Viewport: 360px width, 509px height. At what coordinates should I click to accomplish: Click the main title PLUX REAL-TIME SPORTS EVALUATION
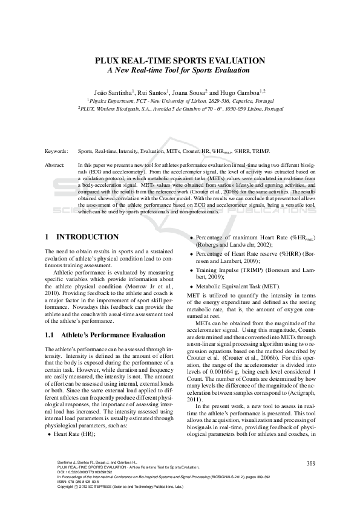180,60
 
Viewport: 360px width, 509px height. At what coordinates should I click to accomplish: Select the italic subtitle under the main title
180,70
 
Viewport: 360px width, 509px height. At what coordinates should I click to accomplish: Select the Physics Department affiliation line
180,99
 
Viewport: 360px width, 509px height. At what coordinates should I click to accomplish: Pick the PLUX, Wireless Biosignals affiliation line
180,109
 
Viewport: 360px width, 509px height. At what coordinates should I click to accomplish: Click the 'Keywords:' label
56,150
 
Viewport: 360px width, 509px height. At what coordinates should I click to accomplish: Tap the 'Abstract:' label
56,164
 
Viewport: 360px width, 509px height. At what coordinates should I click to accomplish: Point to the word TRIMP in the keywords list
261,150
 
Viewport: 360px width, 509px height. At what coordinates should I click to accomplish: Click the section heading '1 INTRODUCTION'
82,236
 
